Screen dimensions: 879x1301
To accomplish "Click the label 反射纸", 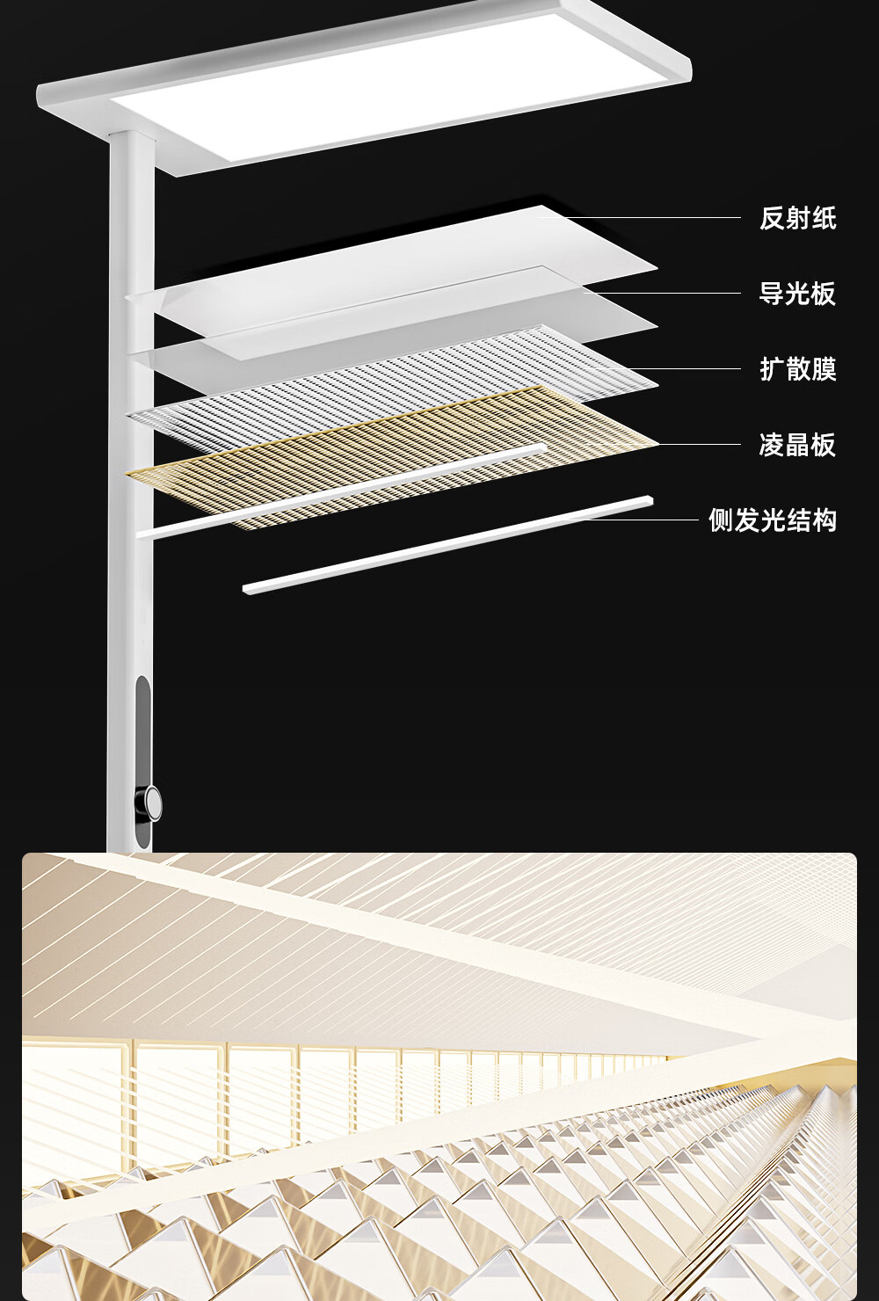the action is click(797, 218).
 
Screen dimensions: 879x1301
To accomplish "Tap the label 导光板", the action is click(797, 294).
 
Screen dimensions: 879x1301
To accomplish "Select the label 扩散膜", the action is click(797, 369).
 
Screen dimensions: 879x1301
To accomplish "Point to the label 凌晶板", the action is click(797, 445).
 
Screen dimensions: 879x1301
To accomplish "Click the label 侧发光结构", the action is click(773, 520).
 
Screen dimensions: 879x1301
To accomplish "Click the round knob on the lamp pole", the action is click(153, 802).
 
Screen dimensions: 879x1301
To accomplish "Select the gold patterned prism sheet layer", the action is click(396, 457).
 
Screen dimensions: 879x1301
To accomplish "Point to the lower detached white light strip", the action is click(448, 545).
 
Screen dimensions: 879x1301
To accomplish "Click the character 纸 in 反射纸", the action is click(824, 218).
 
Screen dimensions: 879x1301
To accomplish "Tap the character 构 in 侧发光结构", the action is click(825, 520).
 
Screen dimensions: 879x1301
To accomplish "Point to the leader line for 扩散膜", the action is click(686, 368).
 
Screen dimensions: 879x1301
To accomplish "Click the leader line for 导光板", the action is click(668, 293).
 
